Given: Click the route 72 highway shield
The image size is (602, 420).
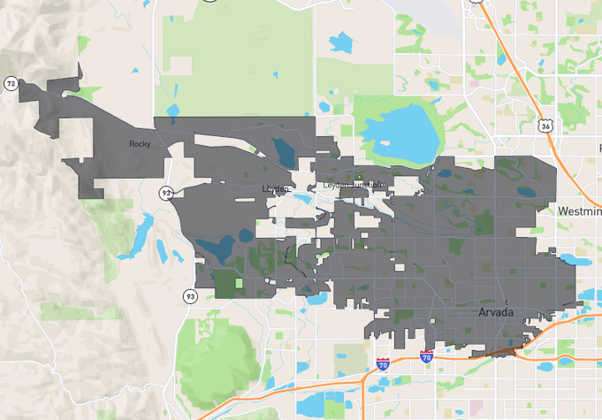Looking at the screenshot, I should [11, 83].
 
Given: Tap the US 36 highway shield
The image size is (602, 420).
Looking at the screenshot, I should [547, 126].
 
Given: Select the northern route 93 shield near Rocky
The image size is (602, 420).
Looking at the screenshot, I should [166, 192].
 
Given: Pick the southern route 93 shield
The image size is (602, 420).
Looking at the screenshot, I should [190, 296].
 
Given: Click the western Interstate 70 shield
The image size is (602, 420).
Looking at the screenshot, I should [382, 363].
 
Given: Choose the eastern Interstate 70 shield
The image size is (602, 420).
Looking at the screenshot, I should [426, 357].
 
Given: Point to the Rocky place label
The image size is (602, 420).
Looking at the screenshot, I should [140, 144].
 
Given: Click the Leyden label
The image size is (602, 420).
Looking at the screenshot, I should [276, 188].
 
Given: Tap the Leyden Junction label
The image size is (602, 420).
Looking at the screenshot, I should [354, 186].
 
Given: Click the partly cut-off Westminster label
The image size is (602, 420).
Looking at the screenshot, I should [579, 211].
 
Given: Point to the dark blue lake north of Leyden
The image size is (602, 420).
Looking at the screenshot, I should [285, 151].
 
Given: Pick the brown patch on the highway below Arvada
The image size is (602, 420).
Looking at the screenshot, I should [501, 351].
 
